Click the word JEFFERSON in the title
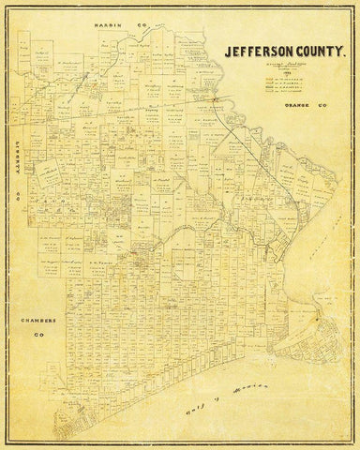tap(253, 54)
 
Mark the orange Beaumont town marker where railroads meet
tap(215, 97)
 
